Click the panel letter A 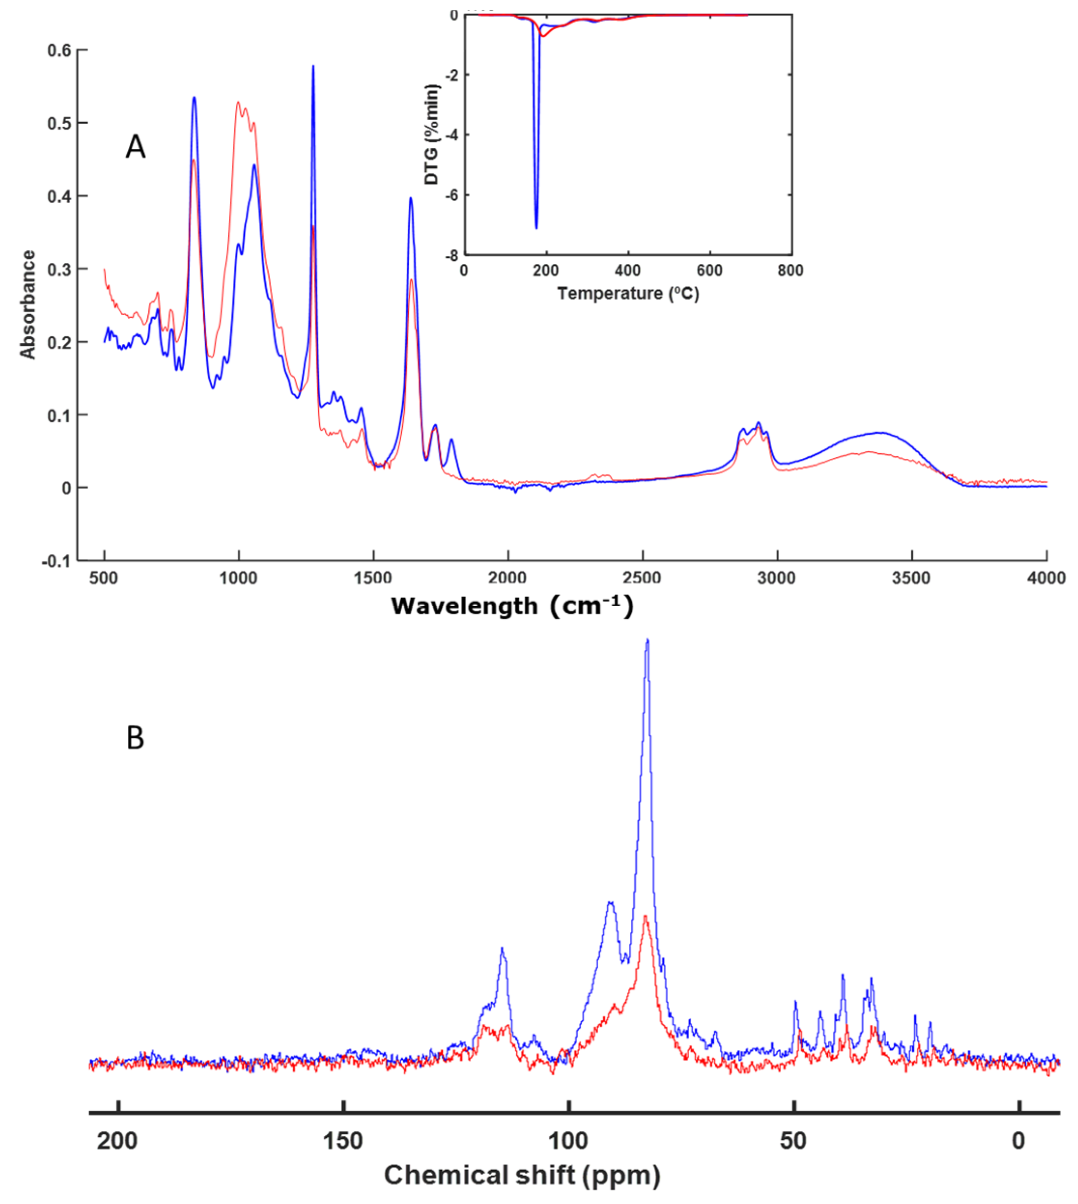[135, 146]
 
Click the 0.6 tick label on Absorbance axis [58, 51]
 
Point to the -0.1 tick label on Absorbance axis [56, 561]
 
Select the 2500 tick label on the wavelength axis [642, 578]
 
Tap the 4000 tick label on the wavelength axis [1046, 578]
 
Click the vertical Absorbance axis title [28, 304]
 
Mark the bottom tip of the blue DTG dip [536, 228]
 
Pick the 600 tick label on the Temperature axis [709, 271]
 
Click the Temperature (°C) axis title [628, 293]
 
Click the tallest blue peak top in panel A [313, 66]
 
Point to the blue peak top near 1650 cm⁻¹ [410, 199]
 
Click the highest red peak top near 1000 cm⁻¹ [238, 103]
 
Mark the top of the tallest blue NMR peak [648, 640]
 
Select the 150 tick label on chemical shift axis [343, 1140]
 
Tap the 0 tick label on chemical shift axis [1018, 1140]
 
